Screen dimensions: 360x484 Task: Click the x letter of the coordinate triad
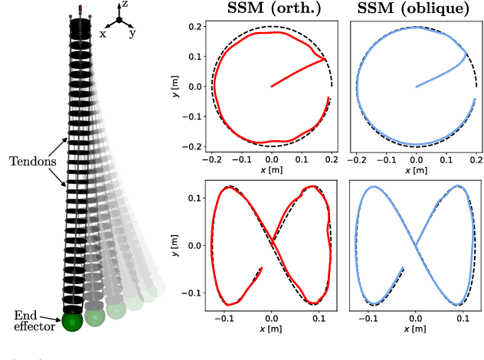103,33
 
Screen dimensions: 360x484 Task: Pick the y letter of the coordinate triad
133,33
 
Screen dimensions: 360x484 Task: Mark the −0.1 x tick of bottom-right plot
368,316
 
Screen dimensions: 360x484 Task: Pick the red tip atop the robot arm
80,8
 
